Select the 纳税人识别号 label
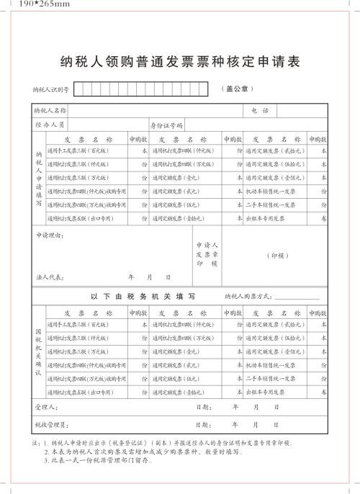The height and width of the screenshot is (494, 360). pyautogui.click(x=50, y=90)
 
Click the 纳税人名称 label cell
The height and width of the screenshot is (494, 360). pyautogui.click(x=50, y=111)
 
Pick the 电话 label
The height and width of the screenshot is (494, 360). pyautogui.click(x=260, y=111)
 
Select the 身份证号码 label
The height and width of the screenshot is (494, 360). pyautogui.click(x=166, y=125)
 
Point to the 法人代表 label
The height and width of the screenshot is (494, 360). pyautogui.click(x=50, y=276)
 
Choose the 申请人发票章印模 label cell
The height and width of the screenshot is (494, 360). pyautogui.click(x=207, y=253)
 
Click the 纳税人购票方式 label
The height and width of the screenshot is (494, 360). pyautogui.click(x=249, y=295)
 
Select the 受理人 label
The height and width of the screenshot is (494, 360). pyautogui.click(x=45, y=407)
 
